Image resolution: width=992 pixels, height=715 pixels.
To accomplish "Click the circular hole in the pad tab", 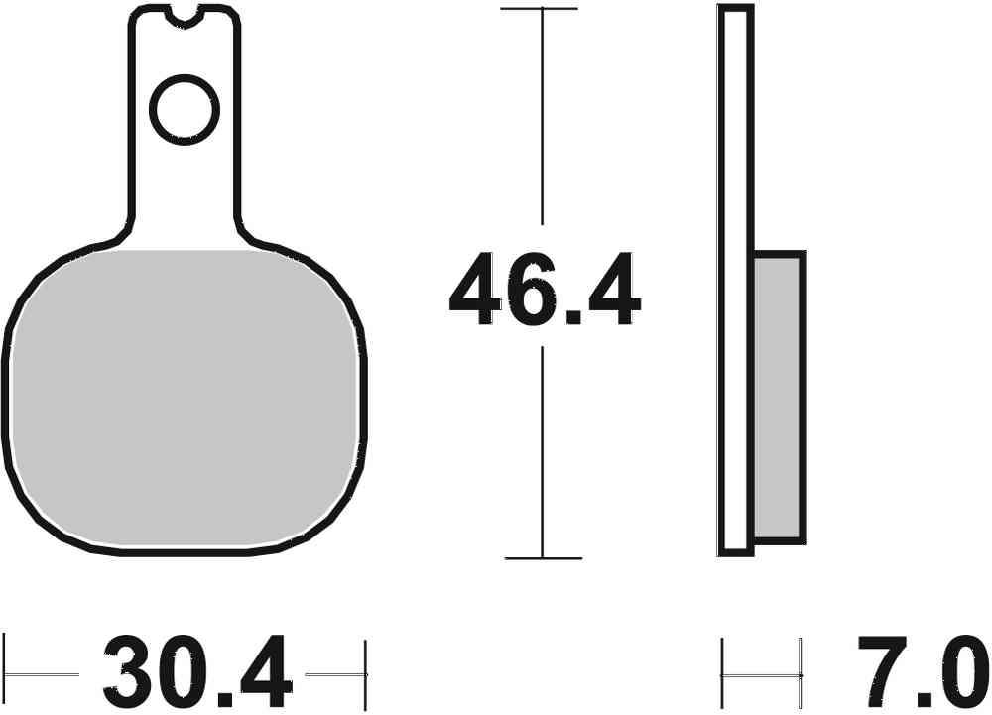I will pyautogui.click(x=184, y=108).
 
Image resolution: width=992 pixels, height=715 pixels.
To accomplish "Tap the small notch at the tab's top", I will pyautogui.click(x=184, y=14).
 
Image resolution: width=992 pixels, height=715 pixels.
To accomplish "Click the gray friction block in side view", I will pyautogui.click(x=778, y=397).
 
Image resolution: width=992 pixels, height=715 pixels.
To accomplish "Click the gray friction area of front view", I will pyautogui.click(x=185, y=397).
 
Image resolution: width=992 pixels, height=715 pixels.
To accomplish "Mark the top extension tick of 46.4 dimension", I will pyautogui.click(x=540, y=8).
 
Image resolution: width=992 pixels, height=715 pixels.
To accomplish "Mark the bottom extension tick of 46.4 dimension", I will pyautogui.click(x=542, y=558).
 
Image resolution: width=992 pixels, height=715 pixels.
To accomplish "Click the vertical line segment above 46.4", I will pyautogui.click(x=541, y=119).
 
